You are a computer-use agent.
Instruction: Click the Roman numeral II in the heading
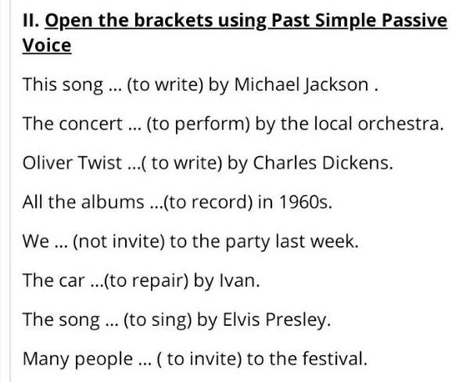coord(30,20)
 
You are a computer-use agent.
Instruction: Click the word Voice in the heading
coord(47,45)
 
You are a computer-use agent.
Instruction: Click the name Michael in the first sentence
coord(267,84)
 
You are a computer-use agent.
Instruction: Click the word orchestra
coord(400,123)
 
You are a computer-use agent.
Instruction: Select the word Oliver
coord(48,162)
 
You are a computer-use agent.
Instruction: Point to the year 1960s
coord(305,202)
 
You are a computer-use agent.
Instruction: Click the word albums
coord(113,202)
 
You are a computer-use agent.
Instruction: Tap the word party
coord(248,242)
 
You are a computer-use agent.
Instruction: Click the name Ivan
coord(239,280)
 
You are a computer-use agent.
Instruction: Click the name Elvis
coord(242,320)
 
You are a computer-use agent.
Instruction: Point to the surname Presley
coord(298,321)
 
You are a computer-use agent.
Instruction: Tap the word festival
coord(335,359)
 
